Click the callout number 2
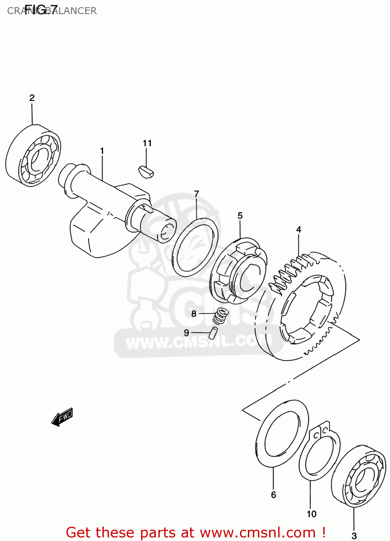[x=32, y=98]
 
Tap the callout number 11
[x=147, y=143]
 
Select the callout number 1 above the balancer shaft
[x=102, y=151]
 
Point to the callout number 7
[x=197, y=194]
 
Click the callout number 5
[x=240, y=216]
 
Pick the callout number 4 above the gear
[x=299, y=229]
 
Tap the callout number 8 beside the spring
[x=194, y=314]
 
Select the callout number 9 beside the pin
[x=187, y=333]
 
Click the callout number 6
[x=273, y=495]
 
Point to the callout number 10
[x=311, y=514]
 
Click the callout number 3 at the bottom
[x=354, y=536]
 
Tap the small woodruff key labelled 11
[x=146, y=171]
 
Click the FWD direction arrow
[x=62, y=417]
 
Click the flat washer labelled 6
[x=282, y=433]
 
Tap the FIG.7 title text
[x=41, y=10]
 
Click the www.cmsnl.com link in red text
[x=258, y=532]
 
